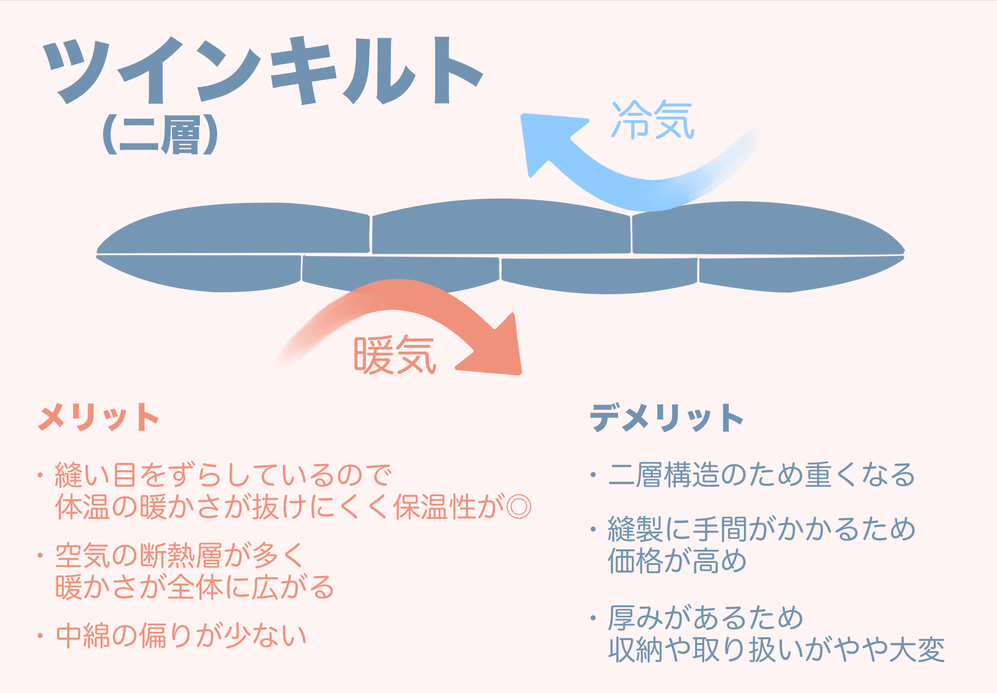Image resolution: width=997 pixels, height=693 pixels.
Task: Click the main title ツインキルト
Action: [263, 70]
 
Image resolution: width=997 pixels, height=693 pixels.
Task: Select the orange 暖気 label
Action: [395, 355]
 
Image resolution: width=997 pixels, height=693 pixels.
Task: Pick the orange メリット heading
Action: [99, 417]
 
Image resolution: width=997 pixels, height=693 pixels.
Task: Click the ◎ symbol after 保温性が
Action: [519, 507]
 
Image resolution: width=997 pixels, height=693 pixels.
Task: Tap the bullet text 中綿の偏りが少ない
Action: [181, 636]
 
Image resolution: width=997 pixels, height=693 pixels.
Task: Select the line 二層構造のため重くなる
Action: [761, 475]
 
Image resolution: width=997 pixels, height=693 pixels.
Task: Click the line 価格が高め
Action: [677, 561]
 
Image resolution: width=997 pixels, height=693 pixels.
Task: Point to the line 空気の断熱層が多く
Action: [180, 555]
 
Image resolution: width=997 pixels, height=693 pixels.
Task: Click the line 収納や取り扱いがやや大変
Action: [776, 650]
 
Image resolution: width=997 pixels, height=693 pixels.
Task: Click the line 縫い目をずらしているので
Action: [223, 475]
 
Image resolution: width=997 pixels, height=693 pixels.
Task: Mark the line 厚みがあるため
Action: [706, 617]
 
